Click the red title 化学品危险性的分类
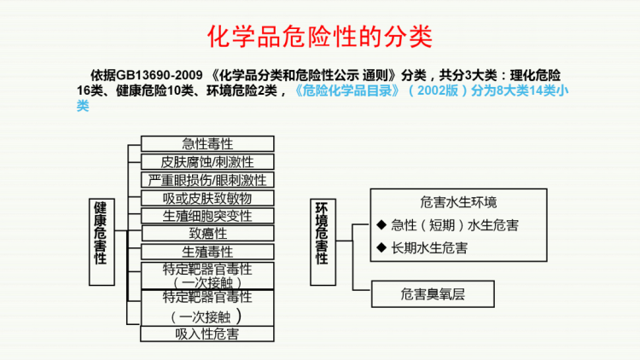pyautogui.click(x=320, y=37)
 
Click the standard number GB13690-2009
pyautogui.click(x=160, y=75)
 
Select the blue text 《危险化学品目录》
pyautogui.click(x=347, y=90)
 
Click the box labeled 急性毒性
pyautogui.click(x=207, y=143)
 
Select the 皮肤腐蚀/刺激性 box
pyautogui.click(x=207, y=161)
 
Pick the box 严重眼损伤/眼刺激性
pyautogui.click(x=207, y=180)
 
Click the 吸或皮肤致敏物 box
pyautogui.click(x=207, y=198)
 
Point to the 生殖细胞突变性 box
pyautogui.click(x=207, y=216)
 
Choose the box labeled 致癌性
pyautogui.click(x=207, y=234)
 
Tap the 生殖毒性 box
pyautogui.click(x=207, y=252)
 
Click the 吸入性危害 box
pyautogui.click(x=207, y=334)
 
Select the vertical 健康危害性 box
pyautogui.click(x=102, y=242)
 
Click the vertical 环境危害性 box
pyautogui.click(x=323, y=242)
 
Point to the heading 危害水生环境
pyautogui.click(x=458, y=202)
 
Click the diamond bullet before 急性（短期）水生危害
pyautogui.click(x=381, y=224)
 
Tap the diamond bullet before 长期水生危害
pyautogui.click(x=381, y=247)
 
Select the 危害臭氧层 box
pyautogui.click(x=433, y=293)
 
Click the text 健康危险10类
pyautogui.click(x=154, y=90)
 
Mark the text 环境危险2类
pyautogui.click(x=241, y=90)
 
